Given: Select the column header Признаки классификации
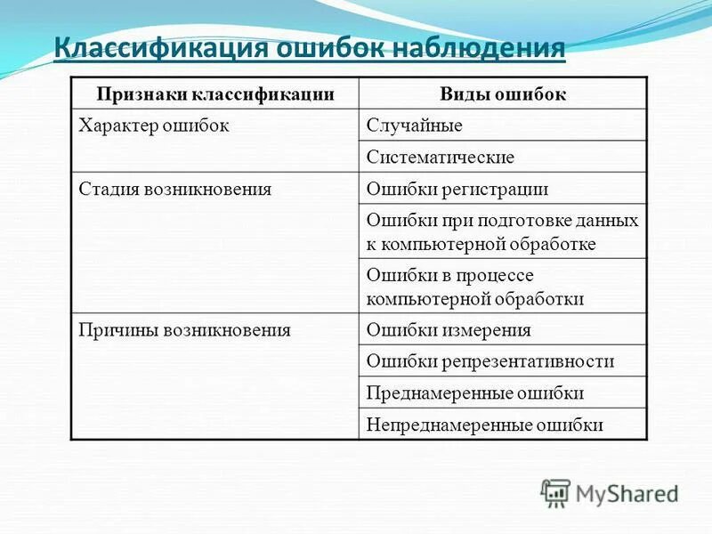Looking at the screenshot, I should point(214,93).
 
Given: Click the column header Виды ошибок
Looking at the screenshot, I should point(503,93).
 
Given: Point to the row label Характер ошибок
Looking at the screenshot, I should point(155,125).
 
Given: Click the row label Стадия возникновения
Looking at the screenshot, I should point(175,189).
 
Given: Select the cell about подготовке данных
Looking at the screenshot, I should point(502,231).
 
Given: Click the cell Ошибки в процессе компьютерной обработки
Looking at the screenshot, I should point(475,287).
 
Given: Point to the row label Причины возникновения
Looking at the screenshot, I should point(185,329).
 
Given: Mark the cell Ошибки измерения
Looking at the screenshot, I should point(449,329).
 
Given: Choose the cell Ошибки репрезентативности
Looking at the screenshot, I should point(490,360).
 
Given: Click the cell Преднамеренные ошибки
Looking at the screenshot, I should point(474,392).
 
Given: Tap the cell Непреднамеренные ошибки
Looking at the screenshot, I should point(485,425).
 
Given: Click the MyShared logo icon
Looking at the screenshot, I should point(555,492).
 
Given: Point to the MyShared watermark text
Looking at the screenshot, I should point(627,493).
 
